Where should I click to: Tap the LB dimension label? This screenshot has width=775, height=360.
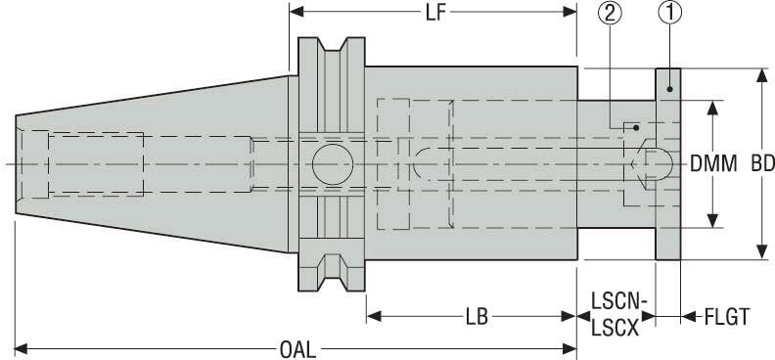coord(477,317)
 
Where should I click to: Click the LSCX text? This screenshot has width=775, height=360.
coord(615,329)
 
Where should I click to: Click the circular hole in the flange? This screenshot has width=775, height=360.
coord(333,161)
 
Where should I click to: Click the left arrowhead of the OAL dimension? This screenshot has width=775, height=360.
coord(22,347)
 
